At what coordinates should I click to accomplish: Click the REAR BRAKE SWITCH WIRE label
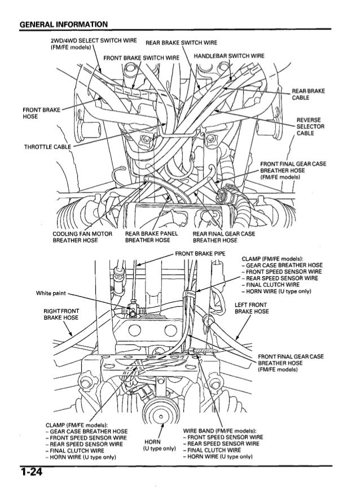pyautogui.click(x=182, y=43)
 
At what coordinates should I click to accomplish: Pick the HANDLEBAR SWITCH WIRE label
pyautogui.click(x=229, y=55)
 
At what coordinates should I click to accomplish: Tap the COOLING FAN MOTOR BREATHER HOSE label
pyautogui.click(x=75, y=237)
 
